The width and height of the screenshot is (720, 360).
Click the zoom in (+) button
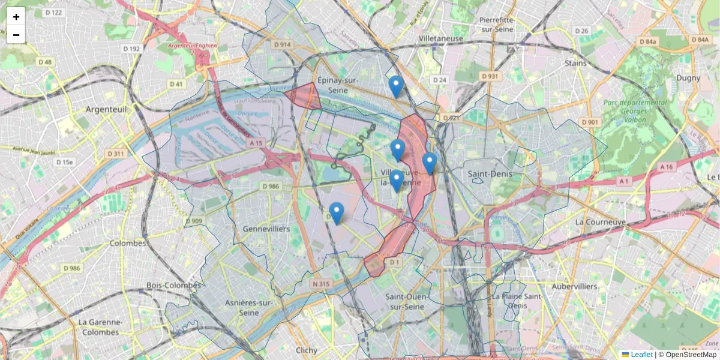pos(16,17)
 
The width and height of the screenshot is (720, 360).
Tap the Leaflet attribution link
pos(641,355)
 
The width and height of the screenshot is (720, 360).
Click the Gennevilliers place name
pos(266,229)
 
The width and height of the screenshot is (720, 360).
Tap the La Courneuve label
pos(600,221)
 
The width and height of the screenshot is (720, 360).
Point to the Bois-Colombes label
pos(173,285)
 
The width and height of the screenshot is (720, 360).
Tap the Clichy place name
pos(307,350)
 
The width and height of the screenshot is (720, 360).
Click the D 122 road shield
pos(53,13)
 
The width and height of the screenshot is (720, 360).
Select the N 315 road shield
pos(321,283)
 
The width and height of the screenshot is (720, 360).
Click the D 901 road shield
pos(590,122)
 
